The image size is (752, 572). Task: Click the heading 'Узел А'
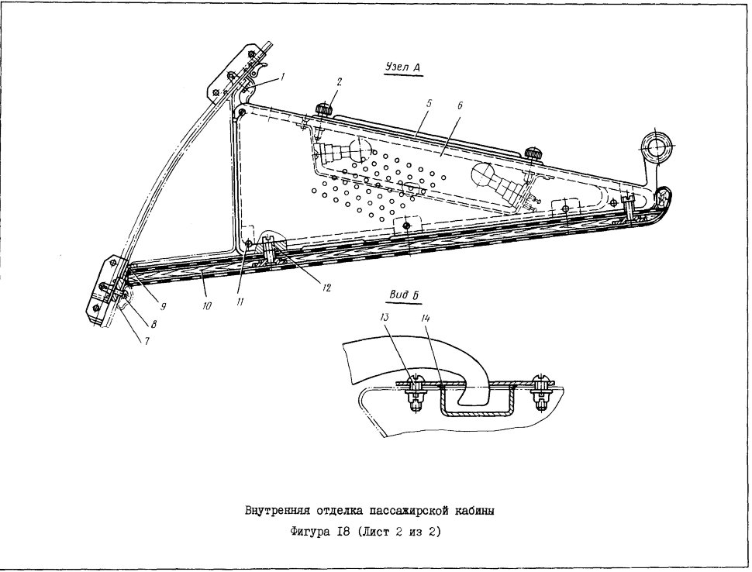pyautogui.click(x=403, y=68)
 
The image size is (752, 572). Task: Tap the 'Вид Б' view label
pyautogui.click(x=404, y=295)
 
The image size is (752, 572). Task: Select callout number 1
pyautogui.click(x=283, y=76)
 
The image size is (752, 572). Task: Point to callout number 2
pyautogui.click(x=339, y=82)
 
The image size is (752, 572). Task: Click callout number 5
pyautogui.click(x=429, y=103)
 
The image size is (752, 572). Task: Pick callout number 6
pyautogui.click(x=460, y=105)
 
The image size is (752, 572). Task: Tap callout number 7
pyautogui.click(x=147, y=341)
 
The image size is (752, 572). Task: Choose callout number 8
pyautogui.click(x=154, y=325)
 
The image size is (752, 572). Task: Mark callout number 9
pyautogui.click(x=163, y=307)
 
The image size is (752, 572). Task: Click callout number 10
pyautogui.click(x=206, y=305)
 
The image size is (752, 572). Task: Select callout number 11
pyautogui.click(x=240, y=301)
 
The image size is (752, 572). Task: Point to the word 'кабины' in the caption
pyautogui.click(x=475, y=511)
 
